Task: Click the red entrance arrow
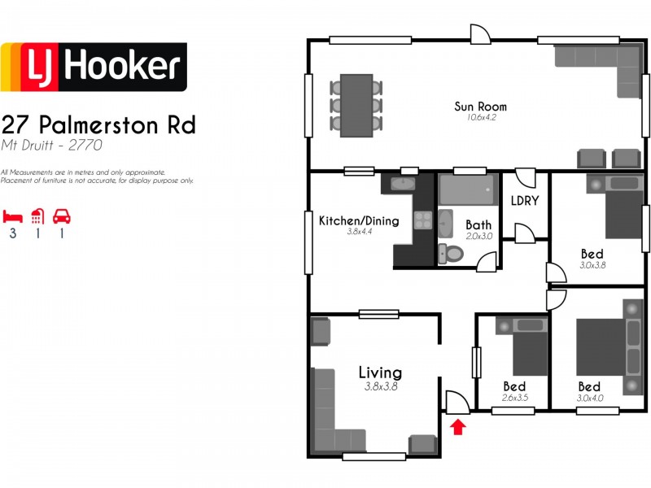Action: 458,425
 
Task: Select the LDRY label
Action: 525,201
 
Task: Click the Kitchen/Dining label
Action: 358,220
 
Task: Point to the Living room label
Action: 380,373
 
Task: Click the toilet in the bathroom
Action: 450,253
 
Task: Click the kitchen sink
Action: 403,184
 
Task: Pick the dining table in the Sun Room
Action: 356,106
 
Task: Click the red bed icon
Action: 12,216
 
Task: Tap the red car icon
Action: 61,216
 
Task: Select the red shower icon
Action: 37,216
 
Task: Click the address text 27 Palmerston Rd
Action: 98,125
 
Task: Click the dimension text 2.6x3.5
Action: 514,398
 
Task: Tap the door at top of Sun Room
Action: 480,33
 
